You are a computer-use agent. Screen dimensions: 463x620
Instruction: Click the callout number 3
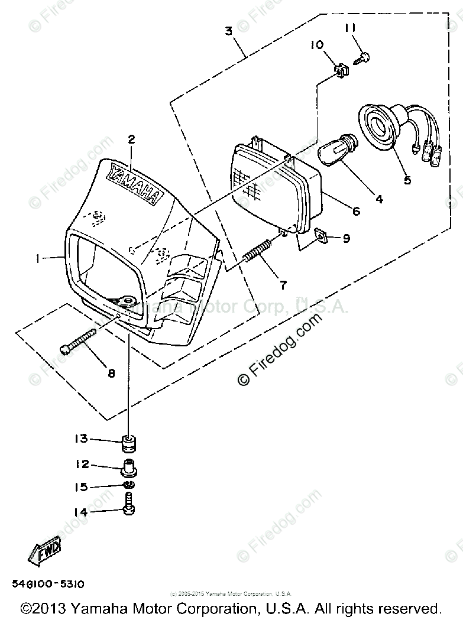(228, 31)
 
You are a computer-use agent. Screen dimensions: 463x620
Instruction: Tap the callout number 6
(356, 211)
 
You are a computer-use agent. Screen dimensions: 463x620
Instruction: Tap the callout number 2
(131, 139)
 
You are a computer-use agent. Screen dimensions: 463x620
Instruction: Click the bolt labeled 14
(128, 508)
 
